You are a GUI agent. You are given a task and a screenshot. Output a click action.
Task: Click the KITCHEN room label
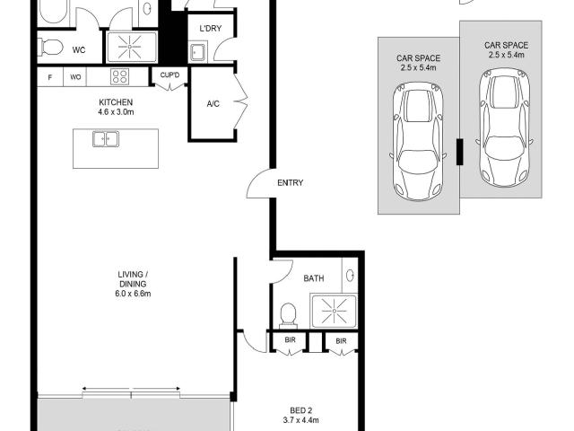coord(116,102)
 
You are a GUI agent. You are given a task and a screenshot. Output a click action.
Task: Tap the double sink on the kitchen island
coord(106,139)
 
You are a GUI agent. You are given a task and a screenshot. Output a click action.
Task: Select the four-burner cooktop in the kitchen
coord(120,76)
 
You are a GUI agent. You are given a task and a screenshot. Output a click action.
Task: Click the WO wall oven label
coord(75,77)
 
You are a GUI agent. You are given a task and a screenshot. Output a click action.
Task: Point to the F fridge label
coord(50,77)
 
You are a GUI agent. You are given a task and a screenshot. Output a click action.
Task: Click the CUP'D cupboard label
coord(170,75)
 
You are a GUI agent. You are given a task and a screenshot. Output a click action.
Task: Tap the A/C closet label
coord(213,104)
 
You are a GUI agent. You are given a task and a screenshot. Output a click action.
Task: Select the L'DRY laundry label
coord(211,29)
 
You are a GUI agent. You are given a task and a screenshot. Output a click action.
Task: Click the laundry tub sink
coord(197,52)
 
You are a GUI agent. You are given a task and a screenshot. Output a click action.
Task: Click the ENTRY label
coord(291,182)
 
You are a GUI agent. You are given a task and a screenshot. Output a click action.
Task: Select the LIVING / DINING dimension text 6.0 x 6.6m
coord(133,294)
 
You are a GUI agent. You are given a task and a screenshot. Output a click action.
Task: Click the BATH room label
coord(314,278)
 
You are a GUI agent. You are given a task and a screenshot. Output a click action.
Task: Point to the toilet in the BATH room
coord(288,315)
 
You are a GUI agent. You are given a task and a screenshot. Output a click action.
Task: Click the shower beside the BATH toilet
coord(334,312)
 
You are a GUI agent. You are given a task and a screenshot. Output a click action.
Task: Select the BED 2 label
coord(301,410)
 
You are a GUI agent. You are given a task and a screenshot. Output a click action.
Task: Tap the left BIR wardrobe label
coord(290,340)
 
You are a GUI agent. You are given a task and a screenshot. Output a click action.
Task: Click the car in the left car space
coord(418,142)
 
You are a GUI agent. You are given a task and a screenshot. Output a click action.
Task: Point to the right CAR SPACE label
coord(506,45)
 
